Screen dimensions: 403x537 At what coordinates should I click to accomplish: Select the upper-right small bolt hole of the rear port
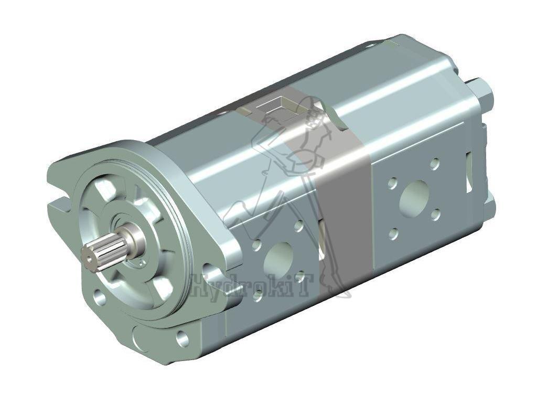click(435, 164)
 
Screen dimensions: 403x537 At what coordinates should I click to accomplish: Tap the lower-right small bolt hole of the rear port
click(435, 214)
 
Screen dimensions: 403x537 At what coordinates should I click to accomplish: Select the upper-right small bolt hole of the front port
click(298, 226)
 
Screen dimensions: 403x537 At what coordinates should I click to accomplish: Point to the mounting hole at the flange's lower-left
click(99, 298)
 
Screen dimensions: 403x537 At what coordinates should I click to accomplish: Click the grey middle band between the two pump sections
click(341, 210)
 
